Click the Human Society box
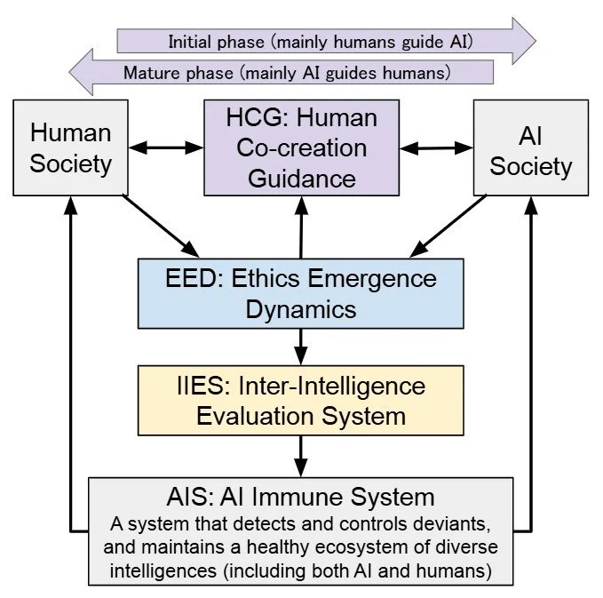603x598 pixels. pos(71,148)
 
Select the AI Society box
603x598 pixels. pos(531,148)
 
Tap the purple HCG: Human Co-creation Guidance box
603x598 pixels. pos(301,148)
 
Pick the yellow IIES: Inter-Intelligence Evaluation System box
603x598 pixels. pos(300,401)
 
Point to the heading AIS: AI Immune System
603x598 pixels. pos(301,496)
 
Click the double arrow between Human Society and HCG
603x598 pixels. pos(167,148)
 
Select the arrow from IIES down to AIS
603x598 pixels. pos(301,456)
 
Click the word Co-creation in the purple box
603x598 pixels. pos(301,148)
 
